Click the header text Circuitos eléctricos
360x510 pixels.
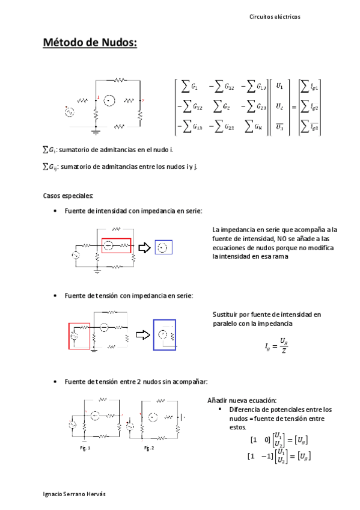[275, 17]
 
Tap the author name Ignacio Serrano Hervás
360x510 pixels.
[75, 494]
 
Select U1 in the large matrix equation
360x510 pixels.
[279, 87]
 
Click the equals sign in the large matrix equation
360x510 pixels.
[294, 106]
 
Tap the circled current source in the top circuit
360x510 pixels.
[108, 100]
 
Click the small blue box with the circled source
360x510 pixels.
[163, 247]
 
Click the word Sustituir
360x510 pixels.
[226, 315]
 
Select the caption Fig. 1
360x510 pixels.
[85, 448]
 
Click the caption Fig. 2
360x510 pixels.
[149, 448]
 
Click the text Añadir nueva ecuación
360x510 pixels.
[241, 401]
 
